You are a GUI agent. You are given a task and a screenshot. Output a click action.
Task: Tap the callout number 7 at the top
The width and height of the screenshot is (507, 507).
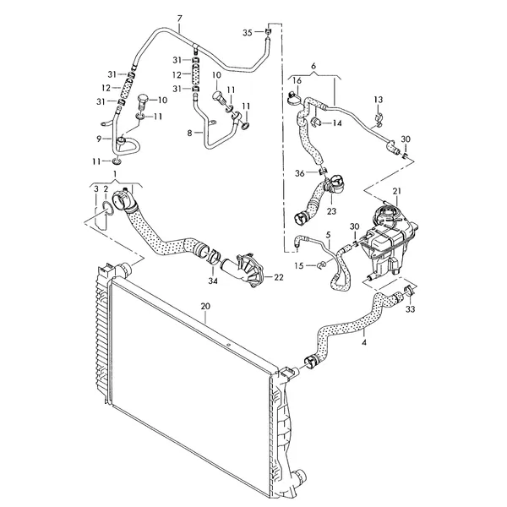180,18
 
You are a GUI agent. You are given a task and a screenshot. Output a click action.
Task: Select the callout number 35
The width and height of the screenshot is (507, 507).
247,32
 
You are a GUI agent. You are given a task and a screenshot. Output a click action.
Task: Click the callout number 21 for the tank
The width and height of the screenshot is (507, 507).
396,192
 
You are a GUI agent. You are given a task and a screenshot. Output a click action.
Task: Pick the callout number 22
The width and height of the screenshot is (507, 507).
279,276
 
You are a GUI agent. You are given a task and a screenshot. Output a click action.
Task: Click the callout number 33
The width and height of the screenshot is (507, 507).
411,309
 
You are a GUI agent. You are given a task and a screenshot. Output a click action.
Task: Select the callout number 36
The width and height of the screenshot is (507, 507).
299,173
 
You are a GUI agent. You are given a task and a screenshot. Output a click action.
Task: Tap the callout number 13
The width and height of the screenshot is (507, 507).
379,100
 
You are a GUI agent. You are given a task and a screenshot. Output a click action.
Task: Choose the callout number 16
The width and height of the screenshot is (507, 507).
297,80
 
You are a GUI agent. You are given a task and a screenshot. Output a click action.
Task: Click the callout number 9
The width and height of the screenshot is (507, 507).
100,138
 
